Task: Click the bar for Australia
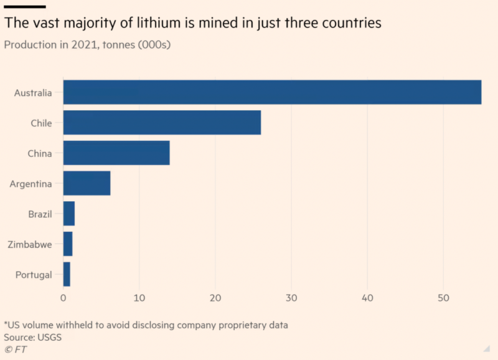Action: coord(272,92)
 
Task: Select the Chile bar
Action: coord(162,123)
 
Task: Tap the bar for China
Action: coord(116,153)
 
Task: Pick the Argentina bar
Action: coord(87,184)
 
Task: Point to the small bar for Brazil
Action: coord(69,214)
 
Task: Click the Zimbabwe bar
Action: coord(68,244)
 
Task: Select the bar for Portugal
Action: coord(67,275)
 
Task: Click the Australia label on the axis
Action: coord(33,93)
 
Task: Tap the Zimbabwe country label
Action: coord(30,245)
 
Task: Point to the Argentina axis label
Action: coord(31,184)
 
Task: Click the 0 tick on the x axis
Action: coord(63,298)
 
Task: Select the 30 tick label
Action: coord(291,298)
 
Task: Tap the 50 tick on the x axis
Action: coord(443,298)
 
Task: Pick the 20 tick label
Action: coord(215,298)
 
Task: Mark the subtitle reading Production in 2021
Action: coord(88,45)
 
